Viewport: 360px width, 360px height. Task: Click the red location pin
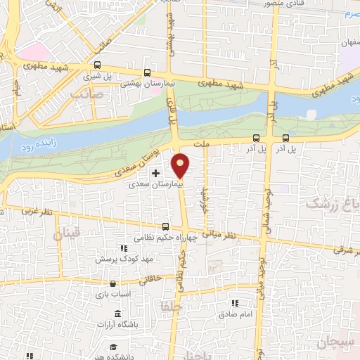pyautogui.click(x=181, y=165)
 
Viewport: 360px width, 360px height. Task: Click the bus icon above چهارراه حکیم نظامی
pyautogui.click(x=166, y=226)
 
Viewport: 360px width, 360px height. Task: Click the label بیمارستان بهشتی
pyautogui.click(x=147, y=83)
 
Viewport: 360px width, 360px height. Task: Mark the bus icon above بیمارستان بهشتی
pyautogui.click(x=146, y=72)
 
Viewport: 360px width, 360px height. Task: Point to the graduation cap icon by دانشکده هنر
pyautogui.click(x=113, y=346)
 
